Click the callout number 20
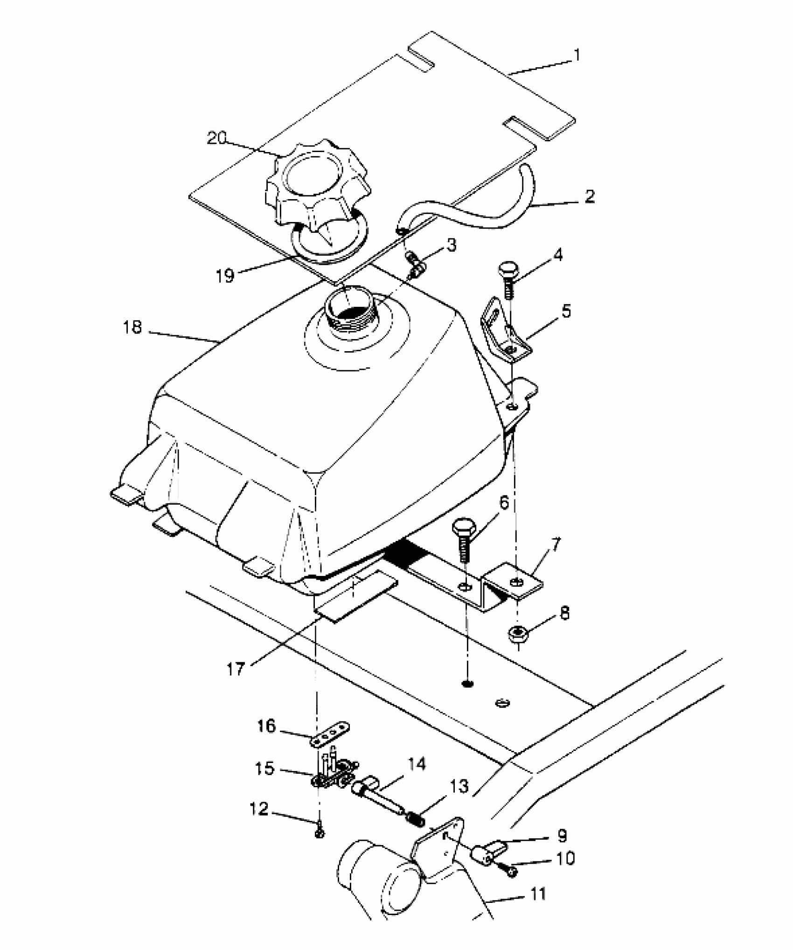click(216, 138)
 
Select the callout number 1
click(577, 55)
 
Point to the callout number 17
click(236, 669)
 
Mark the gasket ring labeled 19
click(327, 243)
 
